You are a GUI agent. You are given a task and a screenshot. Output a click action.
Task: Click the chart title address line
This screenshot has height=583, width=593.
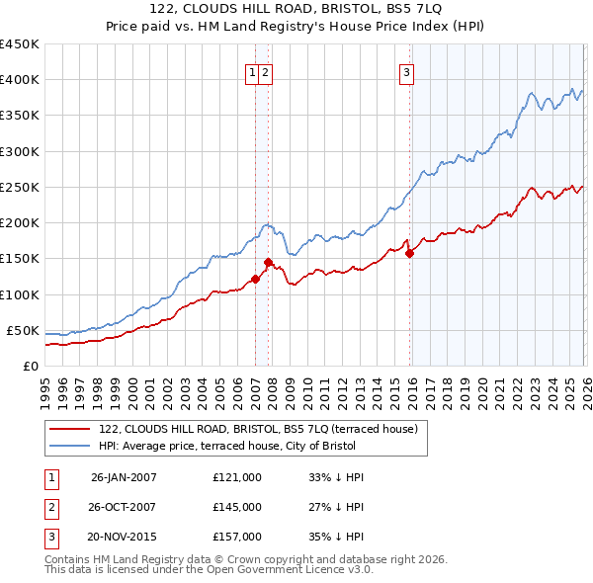[x=296, y=9]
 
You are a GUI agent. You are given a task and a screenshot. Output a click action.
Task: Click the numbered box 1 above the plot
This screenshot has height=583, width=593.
[x=253, y=71]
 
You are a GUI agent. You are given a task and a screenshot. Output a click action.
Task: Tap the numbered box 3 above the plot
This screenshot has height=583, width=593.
[x=406, y=71]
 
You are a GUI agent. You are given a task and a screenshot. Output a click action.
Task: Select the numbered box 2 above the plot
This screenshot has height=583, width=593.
[x=266, y=71]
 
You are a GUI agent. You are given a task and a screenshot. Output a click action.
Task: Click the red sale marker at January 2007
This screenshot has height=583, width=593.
[x=255, y=279]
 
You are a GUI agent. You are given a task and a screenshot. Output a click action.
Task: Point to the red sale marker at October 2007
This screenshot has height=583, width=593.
[x=268, y=262]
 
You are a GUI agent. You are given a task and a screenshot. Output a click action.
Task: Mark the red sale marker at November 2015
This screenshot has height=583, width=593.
[x=410, y=253]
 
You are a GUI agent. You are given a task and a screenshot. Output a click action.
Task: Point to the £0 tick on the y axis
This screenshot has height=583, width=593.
[x=31, y=366]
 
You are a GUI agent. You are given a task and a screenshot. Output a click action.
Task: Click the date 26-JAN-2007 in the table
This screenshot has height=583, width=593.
[x=124, y=476]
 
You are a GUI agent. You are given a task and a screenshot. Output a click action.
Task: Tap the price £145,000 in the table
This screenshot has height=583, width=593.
[x=236, y=507]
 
